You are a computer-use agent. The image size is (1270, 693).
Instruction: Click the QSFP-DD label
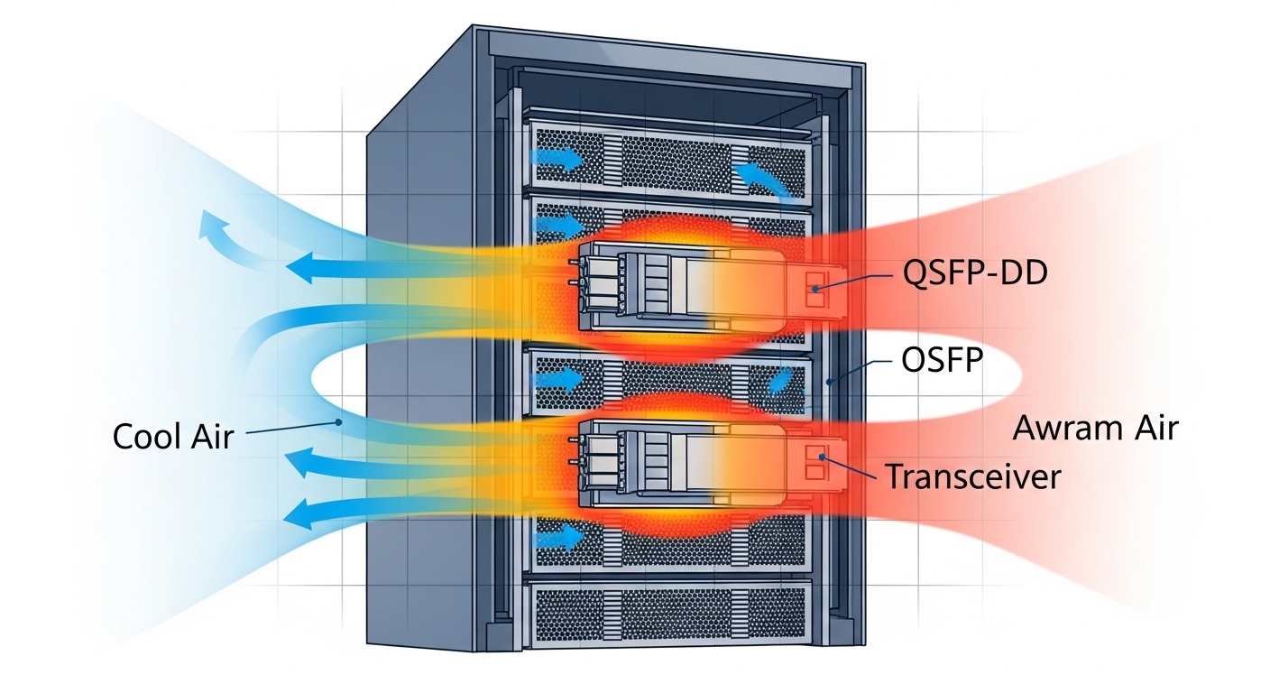pos(975,273)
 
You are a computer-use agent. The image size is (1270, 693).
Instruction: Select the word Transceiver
pos(972,476)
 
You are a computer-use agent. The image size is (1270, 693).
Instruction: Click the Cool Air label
pos(173,437)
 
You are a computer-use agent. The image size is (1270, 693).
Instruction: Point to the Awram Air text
pos(1095,428)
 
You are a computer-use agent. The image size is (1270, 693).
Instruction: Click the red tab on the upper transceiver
pos(816,288)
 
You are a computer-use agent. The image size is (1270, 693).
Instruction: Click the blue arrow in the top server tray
pos(559,161)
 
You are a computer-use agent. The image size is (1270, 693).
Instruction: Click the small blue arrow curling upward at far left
pos(219,231)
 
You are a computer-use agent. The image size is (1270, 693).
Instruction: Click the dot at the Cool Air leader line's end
pos(337,421)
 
